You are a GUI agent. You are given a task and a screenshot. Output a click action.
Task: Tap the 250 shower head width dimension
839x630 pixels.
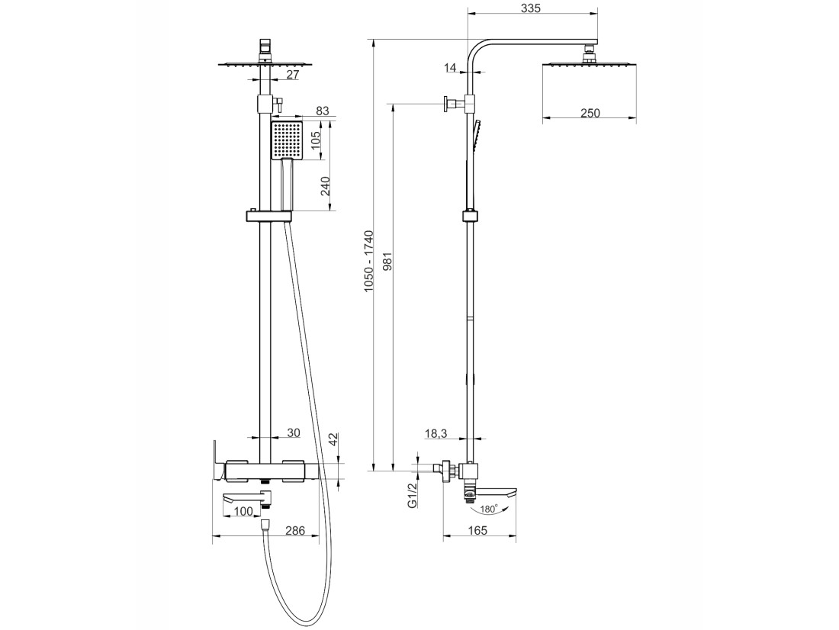click(x=590, y=113)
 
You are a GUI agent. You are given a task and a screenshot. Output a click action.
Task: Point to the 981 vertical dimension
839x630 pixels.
click(x=388, y=261)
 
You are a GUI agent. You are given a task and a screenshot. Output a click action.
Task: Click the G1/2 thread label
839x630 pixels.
click(x=412, y=497)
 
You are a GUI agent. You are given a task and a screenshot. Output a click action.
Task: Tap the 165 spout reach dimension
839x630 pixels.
click(x=477, y=530)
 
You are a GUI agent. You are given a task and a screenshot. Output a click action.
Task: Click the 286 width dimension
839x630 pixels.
click(x=294, y=530)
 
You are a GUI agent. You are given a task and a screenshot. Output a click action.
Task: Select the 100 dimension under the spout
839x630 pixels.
click(x=243, y=512)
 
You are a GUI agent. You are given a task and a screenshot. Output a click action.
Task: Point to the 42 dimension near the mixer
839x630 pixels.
click(x=333, y=440)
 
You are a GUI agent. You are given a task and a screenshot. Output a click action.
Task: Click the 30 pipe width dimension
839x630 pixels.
click(x=294, y=432)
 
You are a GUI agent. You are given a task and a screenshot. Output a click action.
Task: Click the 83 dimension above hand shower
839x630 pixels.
click(x=322, y=111)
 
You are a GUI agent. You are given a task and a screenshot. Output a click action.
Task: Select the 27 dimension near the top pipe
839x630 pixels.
click(x=292, y=75)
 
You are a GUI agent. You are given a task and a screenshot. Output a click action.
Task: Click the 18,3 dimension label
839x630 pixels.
click(x=436, y=433)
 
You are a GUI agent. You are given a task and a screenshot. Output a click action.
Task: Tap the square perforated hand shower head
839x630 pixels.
click(x=287, y=140)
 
